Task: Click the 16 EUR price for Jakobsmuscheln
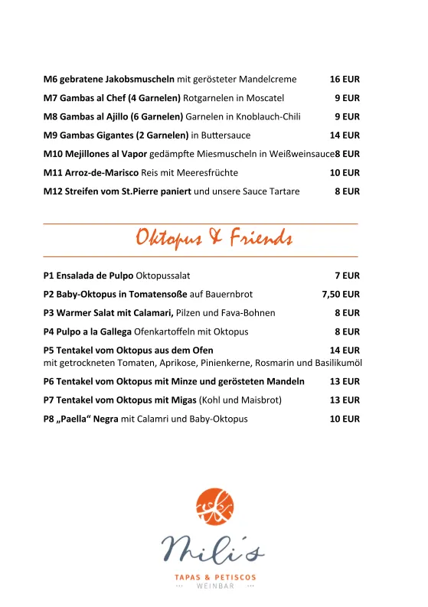click(x=345, y=79)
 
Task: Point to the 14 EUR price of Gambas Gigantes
click(x=345, y=135)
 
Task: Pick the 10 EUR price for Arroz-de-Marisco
click(x=345, y=172)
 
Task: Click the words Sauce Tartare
click(x=270, y=191)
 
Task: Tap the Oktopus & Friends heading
click(x=214, y=238)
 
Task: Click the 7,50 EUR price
click(x=341, y=294)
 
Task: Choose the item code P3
click(x=50, y=312)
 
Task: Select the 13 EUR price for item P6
click(x=345, y=381)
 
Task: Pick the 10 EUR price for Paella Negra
click(x=345, y=419)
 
